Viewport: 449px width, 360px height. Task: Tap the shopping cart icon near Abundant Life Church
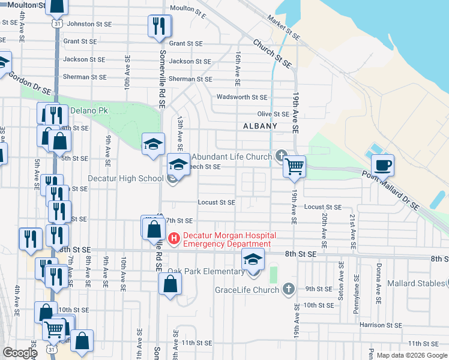point(294,166)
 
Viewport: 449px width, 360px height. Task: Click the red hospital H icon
point(174,239)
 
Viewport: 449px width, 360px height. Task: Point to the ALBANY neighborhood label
point(260,126)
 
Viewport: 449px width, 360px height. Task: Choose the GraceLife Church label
point(247,290)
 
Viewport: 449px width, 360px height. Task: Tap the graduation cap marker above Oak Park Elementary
point(253,260)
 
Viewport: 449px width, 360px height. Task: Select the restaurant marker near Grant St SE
point(158,26)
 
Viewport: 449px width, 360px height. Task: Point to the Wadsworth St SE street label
point(242,97)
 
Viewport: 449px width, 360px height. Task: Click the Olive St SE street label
point(273,114)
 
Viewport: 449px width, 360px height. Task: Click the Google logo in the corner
point(20,353)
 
